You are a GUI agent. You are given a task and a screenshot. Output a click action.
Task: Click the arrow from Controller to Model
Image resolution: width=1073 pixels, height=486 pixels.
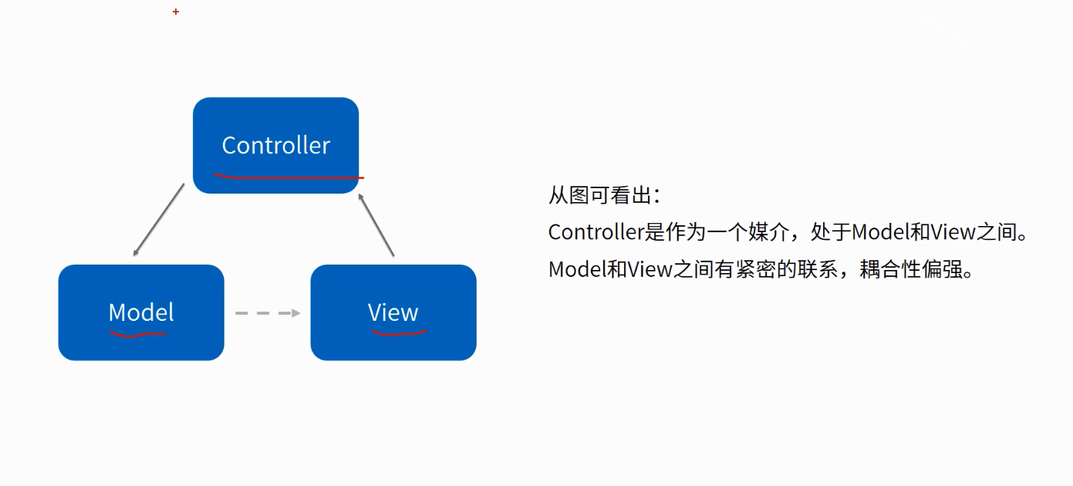(159, 220)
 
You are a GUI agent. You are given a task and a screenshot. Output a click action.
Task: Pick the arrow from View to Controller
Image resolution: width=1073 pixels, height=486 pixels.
(376, 224)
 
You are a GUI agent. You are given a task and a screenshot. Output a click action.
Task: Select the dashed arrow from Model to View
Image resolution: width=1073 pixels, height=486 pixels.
(267, 312)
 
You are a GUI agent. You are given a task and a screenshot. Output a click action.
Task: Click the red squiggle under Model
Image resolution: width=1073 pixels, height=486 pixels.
(137, 335)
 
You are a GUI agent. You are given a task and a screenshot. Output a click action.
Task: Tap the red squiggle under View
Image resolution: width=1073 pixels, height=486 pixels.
(399, 333)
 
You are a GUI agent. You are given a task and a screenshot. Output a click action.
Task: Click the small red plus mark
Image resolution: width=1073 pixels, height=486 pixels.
(176, 12)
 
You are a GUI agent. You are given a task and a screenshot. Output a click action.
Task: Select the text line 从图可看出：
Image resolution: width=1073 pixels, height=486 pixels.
(605, 194)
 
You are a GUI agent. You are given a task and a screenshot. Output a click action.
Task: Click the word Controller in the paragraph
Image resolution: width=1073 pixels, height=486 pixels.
(596, 231)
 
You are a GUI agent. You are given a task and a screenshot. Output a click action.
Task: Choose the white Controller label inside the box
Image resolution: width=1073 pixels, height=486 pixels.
(275, 145)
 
